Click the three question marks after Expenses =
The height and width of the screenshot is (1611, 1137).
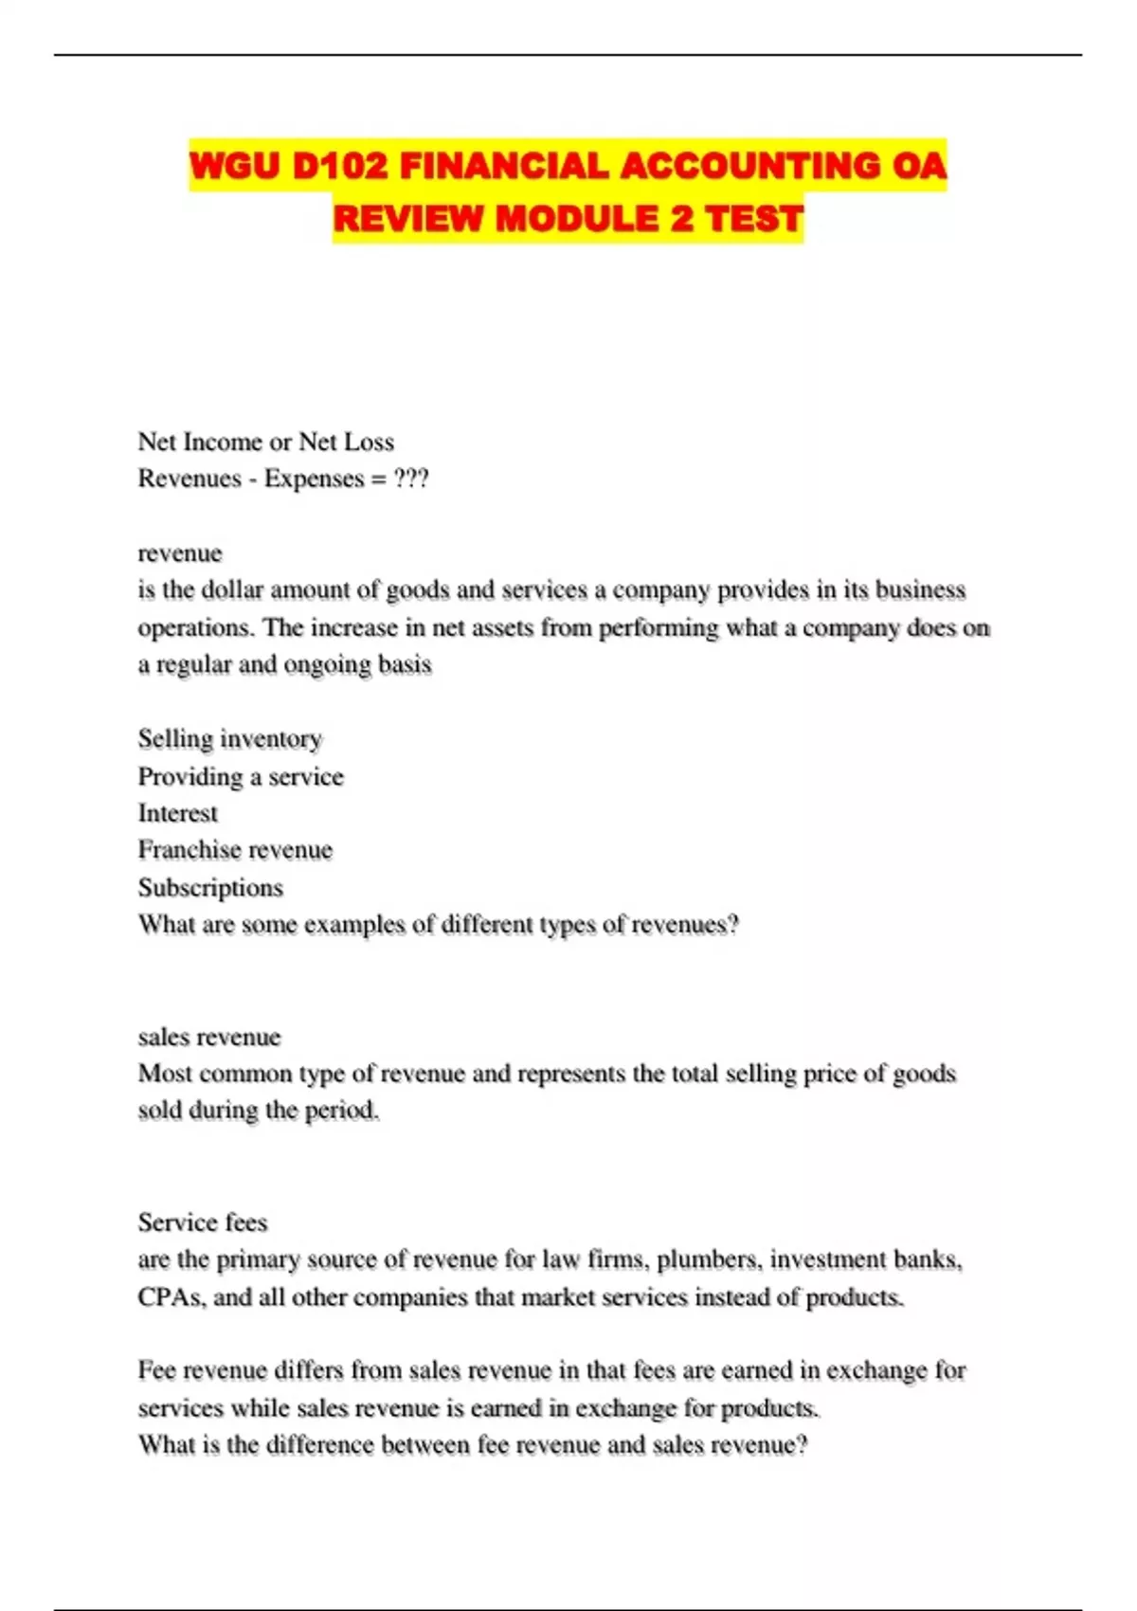coord(411,479)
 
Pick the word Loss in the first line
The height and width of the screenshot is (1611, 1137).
coord(370,442)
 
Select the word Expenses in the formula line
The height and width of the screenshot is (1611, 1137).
coord(314,479)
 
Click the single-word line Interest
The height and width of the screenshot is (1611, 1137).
coord(177,813)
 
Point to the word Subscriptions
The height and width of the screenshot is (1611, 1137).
coord(210,888)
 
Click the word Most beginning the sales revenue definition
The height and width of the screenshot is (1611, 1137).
coord(166,1074)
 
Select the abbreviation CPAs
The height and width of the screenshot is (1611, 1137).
coord(170,1297)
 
